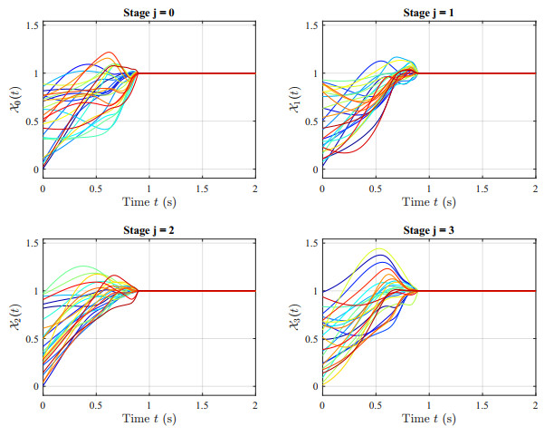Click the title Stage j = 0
[x=148, y=13]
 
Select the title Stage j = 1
[x=428, y=13]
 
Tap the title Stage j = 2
[x=148, y=230]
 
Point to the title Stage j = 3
[x=428, y=230]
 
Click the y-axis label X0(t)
[x=16, y=100]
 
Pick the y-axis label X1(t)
[x=295, y=100]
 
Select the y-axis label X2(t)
[x=16, y=316]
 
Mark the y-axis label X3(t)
[x=295, y=316]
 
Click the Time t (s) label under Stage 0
[x=149, y=202]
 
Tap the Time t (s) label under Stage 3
[x=429, y=419]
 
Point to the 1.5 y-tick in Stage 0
[x=33, y=25]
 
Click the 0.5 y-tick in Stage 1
[x=312, y=121]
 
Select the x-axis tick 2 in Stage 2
[x=255, y=405]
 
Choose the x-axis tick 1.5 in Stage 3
[x=482, y=405]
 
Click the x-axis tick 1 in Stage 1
[x=429, y=189]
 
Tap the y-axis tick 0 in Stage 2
[x=36, y=386]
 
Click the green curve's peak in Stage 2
[x=84, y=266]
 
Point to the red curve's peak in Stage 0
[x=109, y=52]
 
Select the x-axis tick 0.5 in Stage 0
[x=96, y=189]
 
